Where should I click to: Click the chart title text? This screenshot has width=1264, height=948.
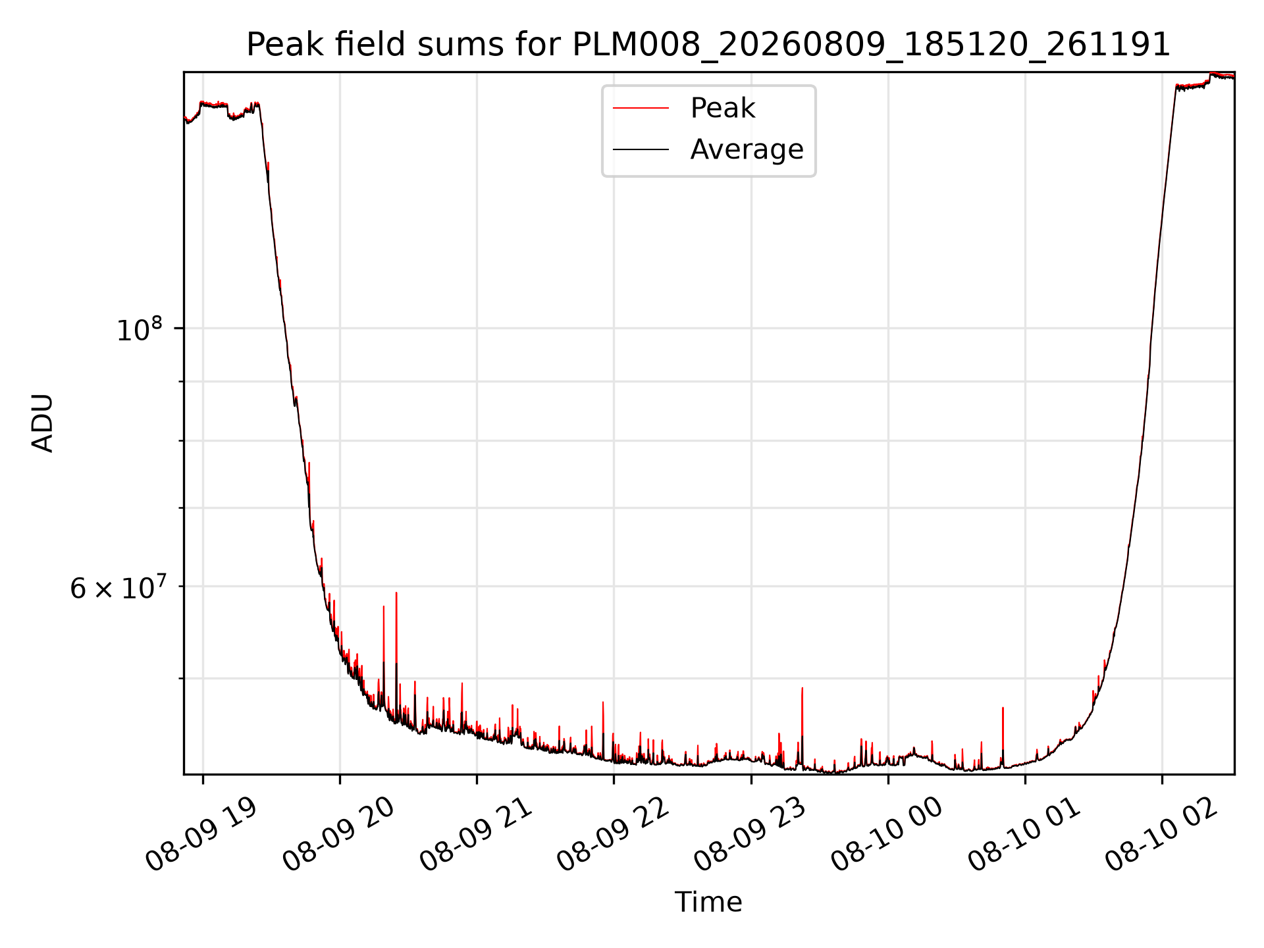point(708,45)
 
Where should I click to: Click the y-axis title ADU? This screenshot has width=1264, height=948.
point(43,423)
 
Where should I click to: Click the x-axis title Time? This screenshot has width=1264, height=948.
point(708,902)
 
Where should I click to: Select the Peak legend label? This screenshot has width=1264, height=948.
point(722,108)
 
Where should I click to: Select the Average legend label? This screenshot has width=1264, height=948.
point(747,149)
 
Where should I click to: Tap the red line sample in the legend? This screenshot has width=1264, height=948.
point(641,109)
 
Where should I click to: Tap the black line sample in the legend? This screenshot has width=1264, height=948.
point(641,150)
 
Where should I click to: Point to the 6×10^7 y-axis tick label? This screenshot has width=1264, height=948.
point(121,587)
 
